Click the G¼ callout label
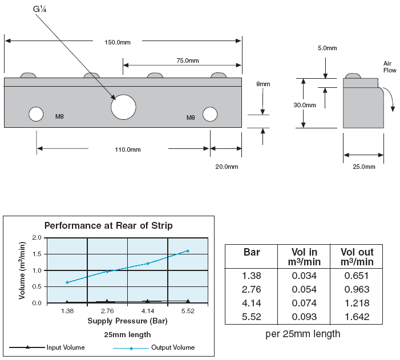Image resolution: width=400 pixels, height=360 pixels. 39,9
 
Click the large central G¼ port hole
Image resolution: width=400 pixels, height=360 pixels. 123,107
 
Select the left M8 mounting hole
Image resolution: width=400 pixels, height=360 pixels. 36,114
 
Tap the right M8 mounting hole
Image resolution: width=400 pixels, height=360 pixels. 210,114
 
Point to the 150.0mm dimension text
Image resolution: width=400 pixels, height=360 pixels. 118,42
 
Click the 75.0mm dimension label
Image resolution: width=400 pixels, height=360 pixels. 188,60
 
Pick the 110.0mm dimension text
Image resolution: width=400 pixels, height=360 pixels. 128,149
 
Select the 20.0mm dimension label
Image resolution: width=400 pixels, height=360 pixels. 227,167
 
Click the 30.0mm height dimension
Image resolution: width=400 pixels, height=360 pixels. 305,105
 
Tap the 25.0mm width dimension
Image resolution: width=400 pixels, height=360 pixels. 364,167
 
